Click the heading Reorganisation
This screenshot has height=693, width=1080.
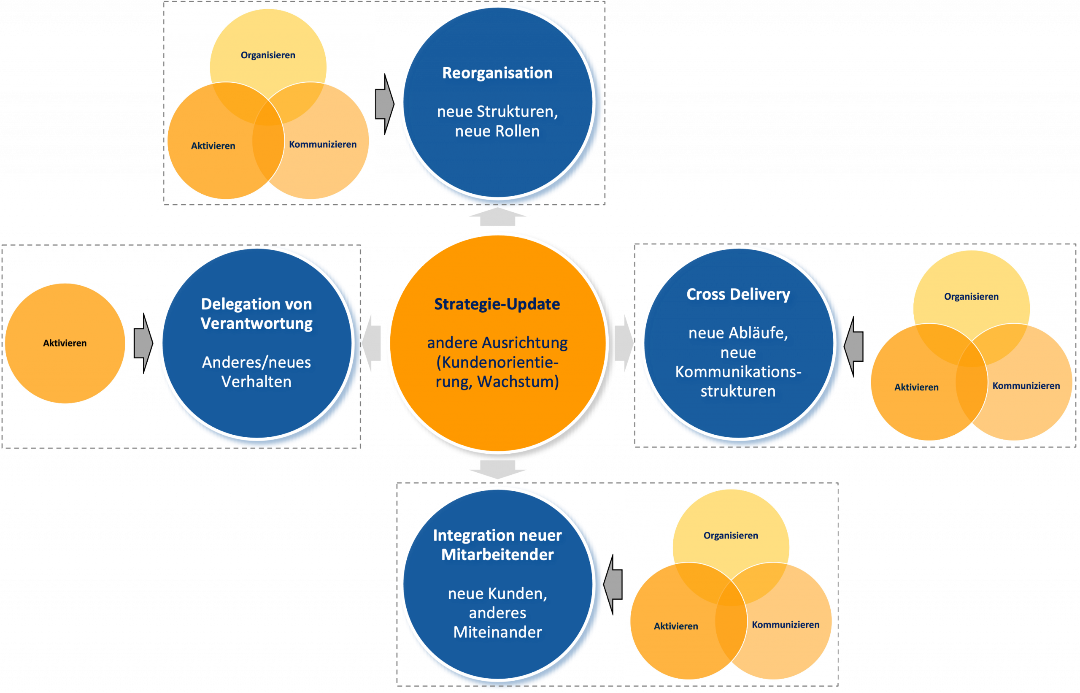(497, 73)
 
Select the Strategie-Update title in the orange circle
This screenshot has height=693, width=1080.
(497, 304)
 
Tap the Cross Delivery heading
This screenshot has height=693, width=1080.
(738, 294)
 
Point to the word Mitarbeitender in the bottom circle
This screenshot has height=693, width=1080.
(497, 555)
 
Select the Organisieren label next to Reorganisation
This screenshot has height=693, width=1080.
(268, 55)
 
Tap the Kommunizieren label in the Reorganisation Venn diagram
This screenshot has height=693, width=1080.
(322, 144)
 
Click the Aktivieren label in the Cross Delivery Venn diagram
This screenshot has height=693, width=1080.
(916, 387)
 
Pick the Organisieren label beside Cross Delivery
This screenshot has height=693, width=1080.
(971, 297)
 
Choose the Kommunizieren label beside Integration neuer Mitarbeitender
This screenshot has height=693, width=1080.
(786, 625)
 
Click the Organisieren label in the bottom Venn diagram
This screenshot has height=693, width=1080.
(731, 536)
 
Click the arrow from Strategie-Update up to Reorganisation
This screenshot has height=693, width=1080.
(497, 217)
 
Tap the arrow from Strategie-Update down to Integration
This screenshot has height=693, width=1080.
(497, 469)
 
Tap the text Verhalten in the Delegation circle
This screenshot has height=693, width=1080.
(256, 382)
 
